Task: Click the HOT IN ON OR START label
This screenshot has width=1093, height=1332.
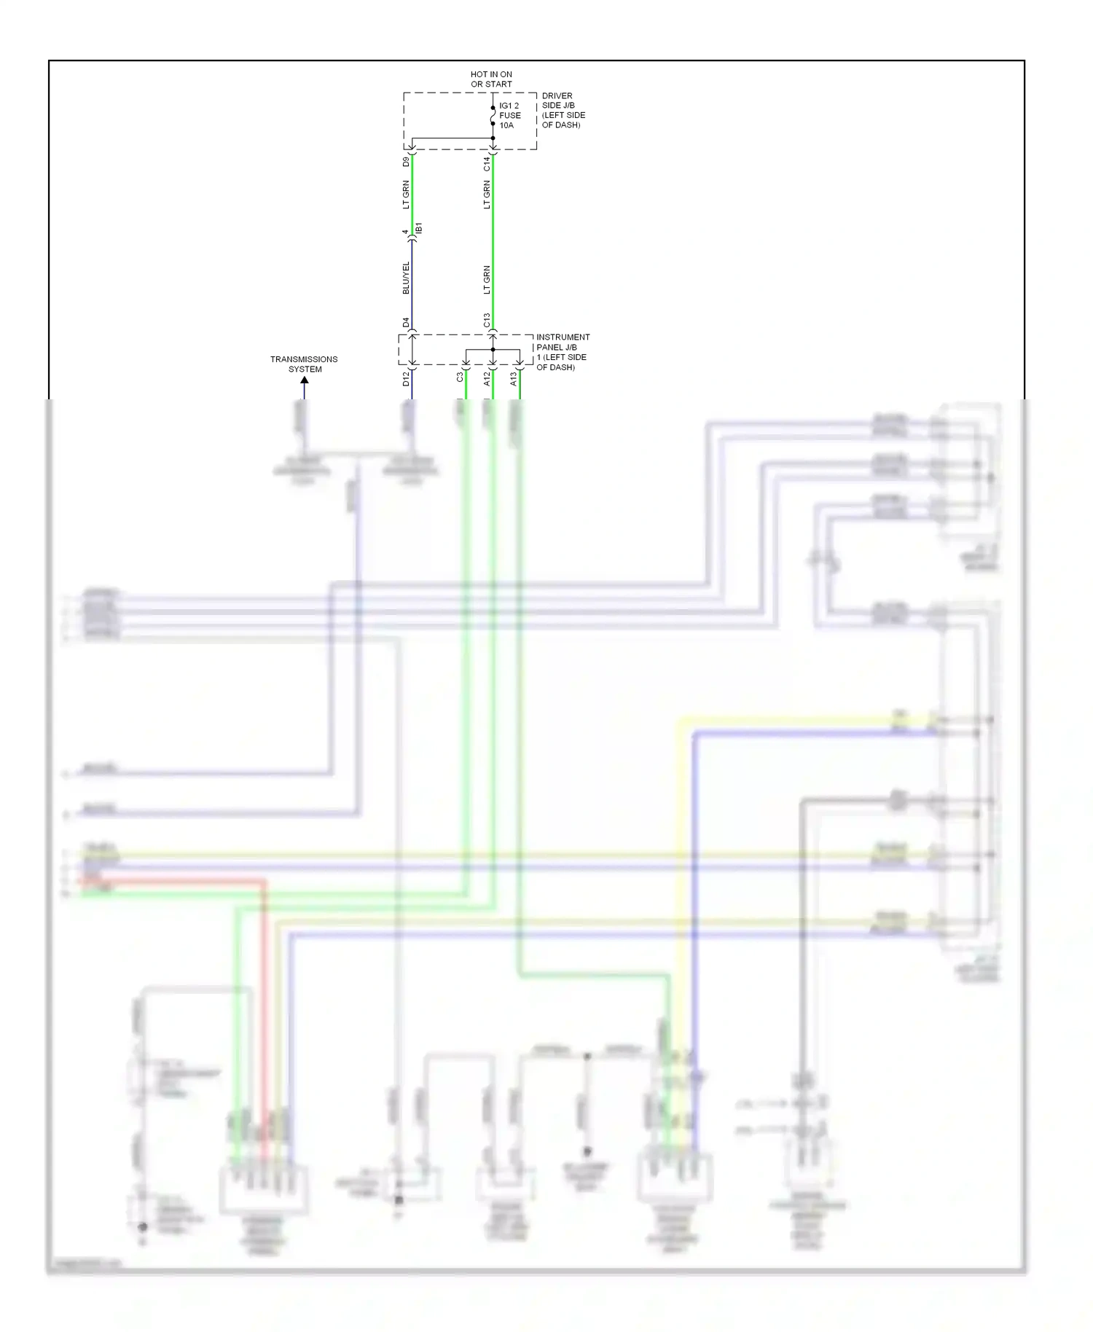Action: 491,79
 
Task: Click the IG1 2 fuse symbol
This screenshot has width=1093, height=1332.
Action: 493,115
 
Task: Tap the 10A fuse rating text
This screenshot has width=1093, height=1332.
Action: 506,125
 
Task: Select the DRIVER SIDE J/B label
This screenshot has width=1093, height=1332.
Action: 563,110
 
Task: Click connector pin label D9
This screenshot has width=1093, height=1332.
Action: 407,162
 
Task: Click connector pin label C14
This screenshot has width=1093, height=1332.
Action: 487,164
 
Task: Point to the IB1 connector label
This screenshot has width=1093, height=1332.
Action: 419,229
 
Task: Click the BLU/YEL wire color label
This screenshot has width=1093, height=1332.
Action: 407,278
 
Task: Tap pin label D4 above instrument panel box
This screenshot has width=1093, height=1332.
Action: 407,321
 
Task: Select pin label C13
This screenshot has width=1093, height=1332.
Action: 487,321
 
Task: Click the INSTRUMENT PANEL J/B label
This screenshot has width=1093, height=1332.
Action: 563,352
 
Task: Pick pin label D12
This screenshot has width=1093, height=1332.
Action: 407,379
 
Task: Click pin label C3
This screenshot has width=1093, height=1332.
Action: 460,377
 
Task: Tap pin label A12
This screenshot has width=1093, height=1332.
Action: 487,379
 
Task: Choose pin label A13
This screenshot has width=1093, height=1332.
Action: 513,379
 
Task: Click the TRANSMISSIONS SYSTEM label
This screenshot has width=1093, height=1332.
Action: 304,364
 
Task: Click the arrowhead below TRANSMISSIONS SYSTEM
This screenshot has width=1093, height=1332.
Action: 305,380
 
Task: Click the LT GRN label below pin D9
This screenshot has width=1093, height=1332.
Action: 407,195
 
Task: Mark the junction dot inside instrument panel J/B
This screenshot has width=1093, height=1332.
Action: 493,350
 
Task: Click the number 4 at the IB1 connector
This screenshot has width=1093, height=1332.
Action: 405,232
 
